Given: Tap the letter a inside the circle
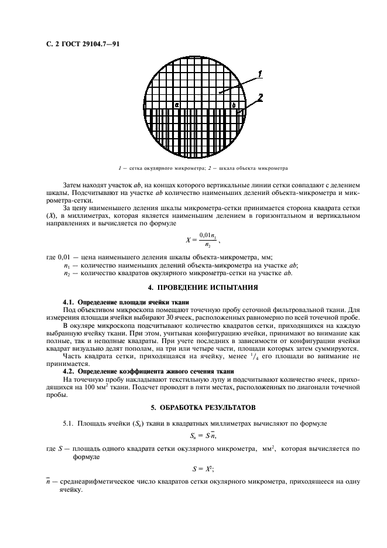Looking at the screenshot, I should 176,104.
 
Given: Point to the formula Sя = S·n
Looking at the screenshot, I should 204,436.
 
